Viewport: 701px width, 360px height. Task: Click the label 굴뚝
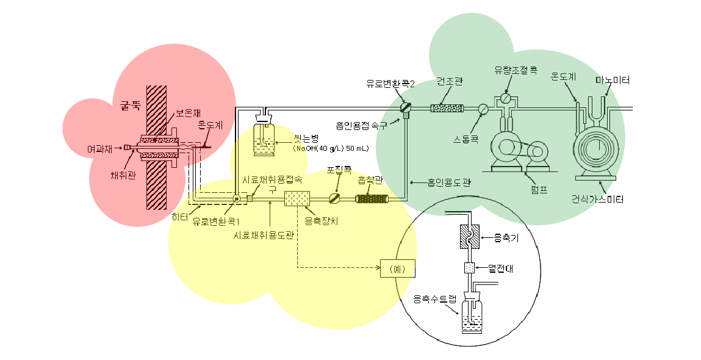(130, 104)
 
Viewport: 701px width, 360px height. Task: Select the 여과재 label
(99, 148)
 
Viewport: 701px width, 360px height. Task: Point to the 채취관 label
(123, 176)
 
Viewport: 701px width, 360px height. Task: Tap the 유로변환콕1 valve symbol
(236, 198)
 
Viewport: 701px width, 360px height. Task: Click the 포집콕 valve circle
(334, 198)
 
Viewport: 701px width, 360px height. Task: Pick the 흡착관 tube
(372, 198)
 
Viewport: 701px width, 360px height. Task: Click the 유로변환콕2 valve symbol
(404, 107)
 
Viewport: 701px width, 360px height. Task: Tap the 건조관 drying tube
(447, 109)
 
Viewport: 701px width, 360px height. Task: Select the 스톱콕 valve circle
(483, 109)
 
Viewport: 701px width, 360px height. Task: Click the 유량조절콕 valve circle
(505, 98)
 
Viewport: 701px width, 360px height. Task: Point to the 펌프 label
(539, 189)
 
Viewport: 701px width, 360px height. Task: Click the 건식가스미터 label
(597, 200)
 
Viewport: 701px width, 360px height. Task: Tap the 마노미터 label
(613, 81)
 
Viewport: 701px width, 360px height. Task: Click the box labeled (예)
(397, 268)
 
